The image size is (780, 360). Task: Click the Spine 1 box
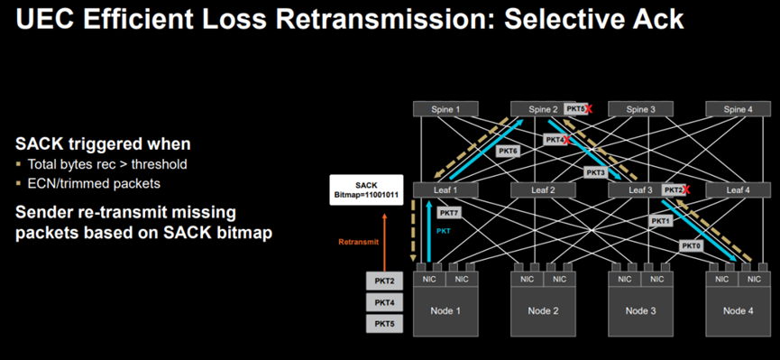point(445,109)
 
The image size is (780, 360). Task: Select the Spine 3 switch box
point(641,109)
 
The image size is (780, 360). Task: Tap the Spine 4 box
point(738,109)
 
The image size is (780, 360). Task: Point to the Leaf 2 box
point(543,189)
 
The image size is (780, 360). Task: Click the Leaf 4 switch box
point(738,189)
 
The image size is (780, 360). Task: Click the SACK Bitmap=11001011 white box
point(366,189)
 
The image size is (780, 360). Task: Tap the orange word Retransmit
point(359,243)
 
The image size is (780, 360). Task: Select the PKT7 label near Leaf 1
point(449,213)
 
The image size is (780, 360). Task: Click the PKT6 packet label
point(508,152)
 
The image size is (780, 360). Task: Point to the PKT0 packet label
point(693,245)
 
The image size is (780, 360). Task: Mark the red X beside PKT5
point(589,109)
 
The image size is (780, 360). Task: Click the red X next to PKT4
point(566,140)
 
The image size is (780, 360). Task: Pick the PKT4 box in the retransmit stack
point(384,302)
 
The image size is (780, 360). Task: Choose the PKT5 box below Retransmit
point(384,324)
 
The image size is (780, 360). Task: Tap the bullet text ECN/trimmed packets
point(94,184)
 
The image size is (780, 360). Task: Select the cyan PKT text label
point(444,231)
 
